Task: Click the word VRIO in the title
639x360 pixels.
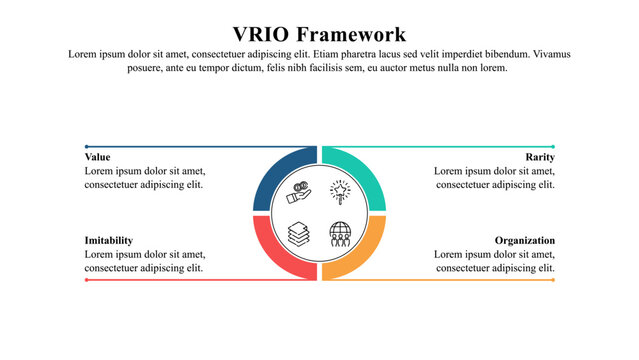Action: pyautogui.click(x=263, y=34)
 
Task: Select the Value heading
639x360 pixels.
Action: pyautogui.click(x=98, y=157)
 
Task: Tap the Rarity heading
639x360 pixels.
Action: pyautogui.click(x=540, y=157)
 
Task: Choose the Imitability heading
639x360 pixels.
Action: pyautogui.click(x=109, y=241)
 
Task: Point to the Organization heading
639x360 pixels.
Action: pyautogui.click(x=525, y=241)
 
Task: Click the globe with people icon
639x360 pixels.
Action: pyautogui.click(x=341, y=234)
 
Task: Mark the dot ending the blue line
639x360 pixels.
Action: pyautogui.click(x=87, y=147)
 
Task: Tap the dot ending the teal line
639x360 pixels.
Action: pyautogui.click(x=553, y=147)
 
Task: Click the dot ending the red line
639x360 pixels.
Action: pyautogui.click(x=87, y=280)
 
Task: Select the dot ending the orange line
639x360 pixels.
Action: pyautogui.click(x=553, y=280)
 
